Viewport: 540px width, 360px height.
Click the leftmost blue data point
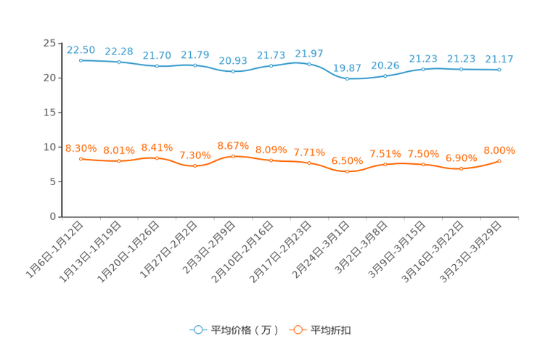81,60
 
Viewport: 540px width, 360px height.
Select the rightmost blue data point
499,70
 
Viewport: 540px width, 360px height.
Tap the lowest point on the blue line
347,78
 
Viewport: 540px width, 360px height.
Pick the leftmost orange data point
81,158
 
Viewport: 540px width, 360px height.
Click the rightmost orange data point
499,160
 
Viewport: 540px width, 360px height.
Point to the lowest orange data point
347,171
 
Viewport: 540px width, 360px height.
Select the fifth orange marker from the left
233,156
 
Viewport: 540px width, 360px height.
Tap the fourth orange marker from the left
195,165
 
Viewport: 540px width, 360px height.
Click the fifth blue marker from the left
233,71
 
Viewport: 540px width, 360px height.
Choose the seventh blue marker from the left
309,64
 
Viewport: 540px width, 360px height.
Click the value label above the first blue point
81,49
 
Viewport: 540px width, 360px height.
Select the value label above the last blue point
499,59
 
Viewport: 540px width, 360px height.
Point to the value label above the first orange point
81,147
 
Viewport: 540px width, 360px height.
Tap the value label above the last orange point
499,150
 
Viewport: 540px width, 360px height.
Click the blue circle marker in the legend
197,330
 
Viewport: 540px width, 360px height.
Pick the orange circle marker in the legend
297,330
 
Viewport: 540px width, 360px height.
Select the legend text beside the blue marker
245,330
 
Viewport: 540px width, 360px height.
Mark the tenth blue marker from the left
423,69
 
